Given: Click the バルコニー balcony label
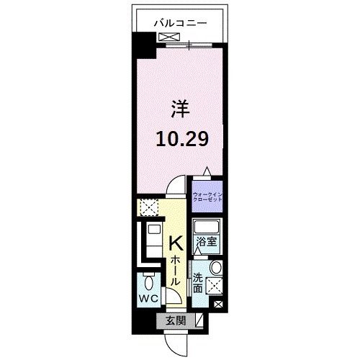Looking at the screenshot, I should point(180,22).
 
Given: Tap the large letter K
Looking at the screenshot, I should point(175,245).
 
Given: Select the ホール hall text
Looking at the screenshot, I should point(174,274).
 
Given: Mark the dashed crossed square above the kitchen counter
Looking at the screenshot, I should point(149,209).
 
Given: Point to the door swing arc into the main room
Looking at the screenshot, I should point(173,189).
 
